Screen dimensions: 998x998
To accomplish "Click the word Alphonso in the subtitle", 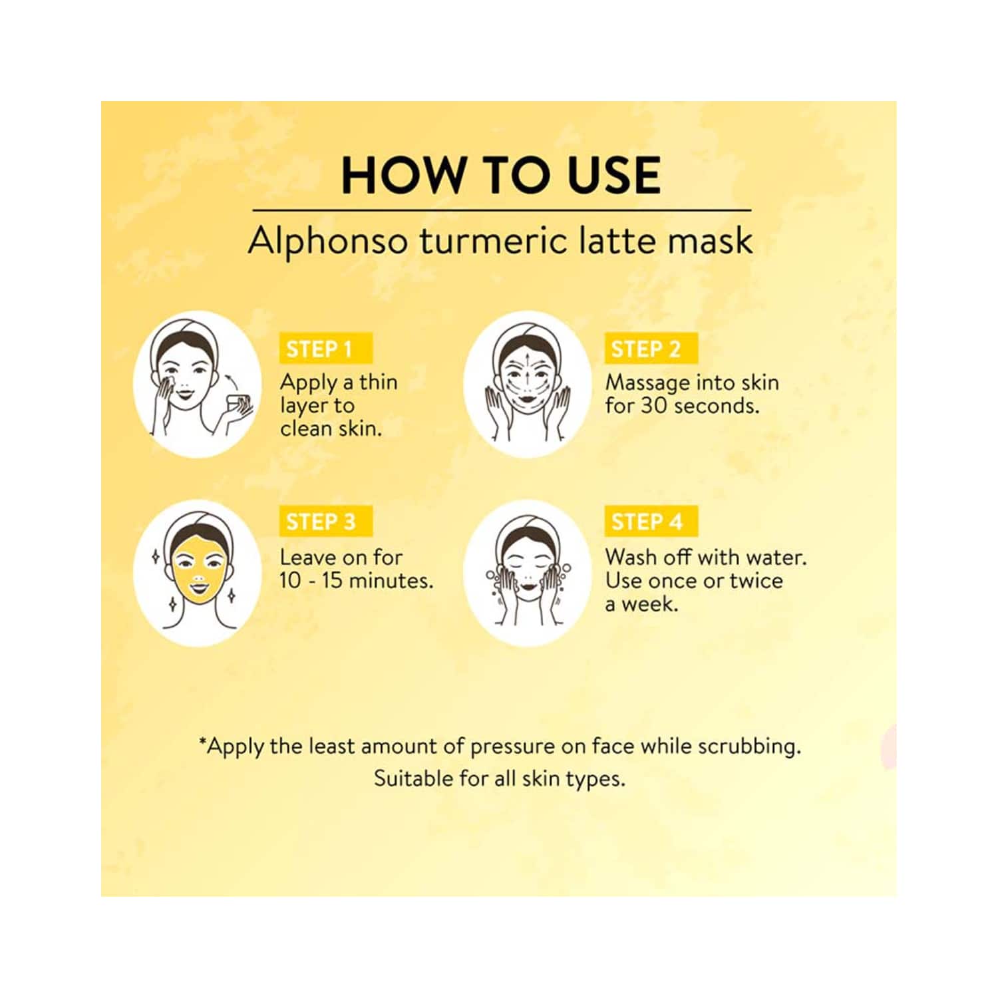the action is [x=327, y=241].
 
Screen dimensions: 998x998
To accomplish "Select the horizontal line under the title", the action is [x=502, y=210].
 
